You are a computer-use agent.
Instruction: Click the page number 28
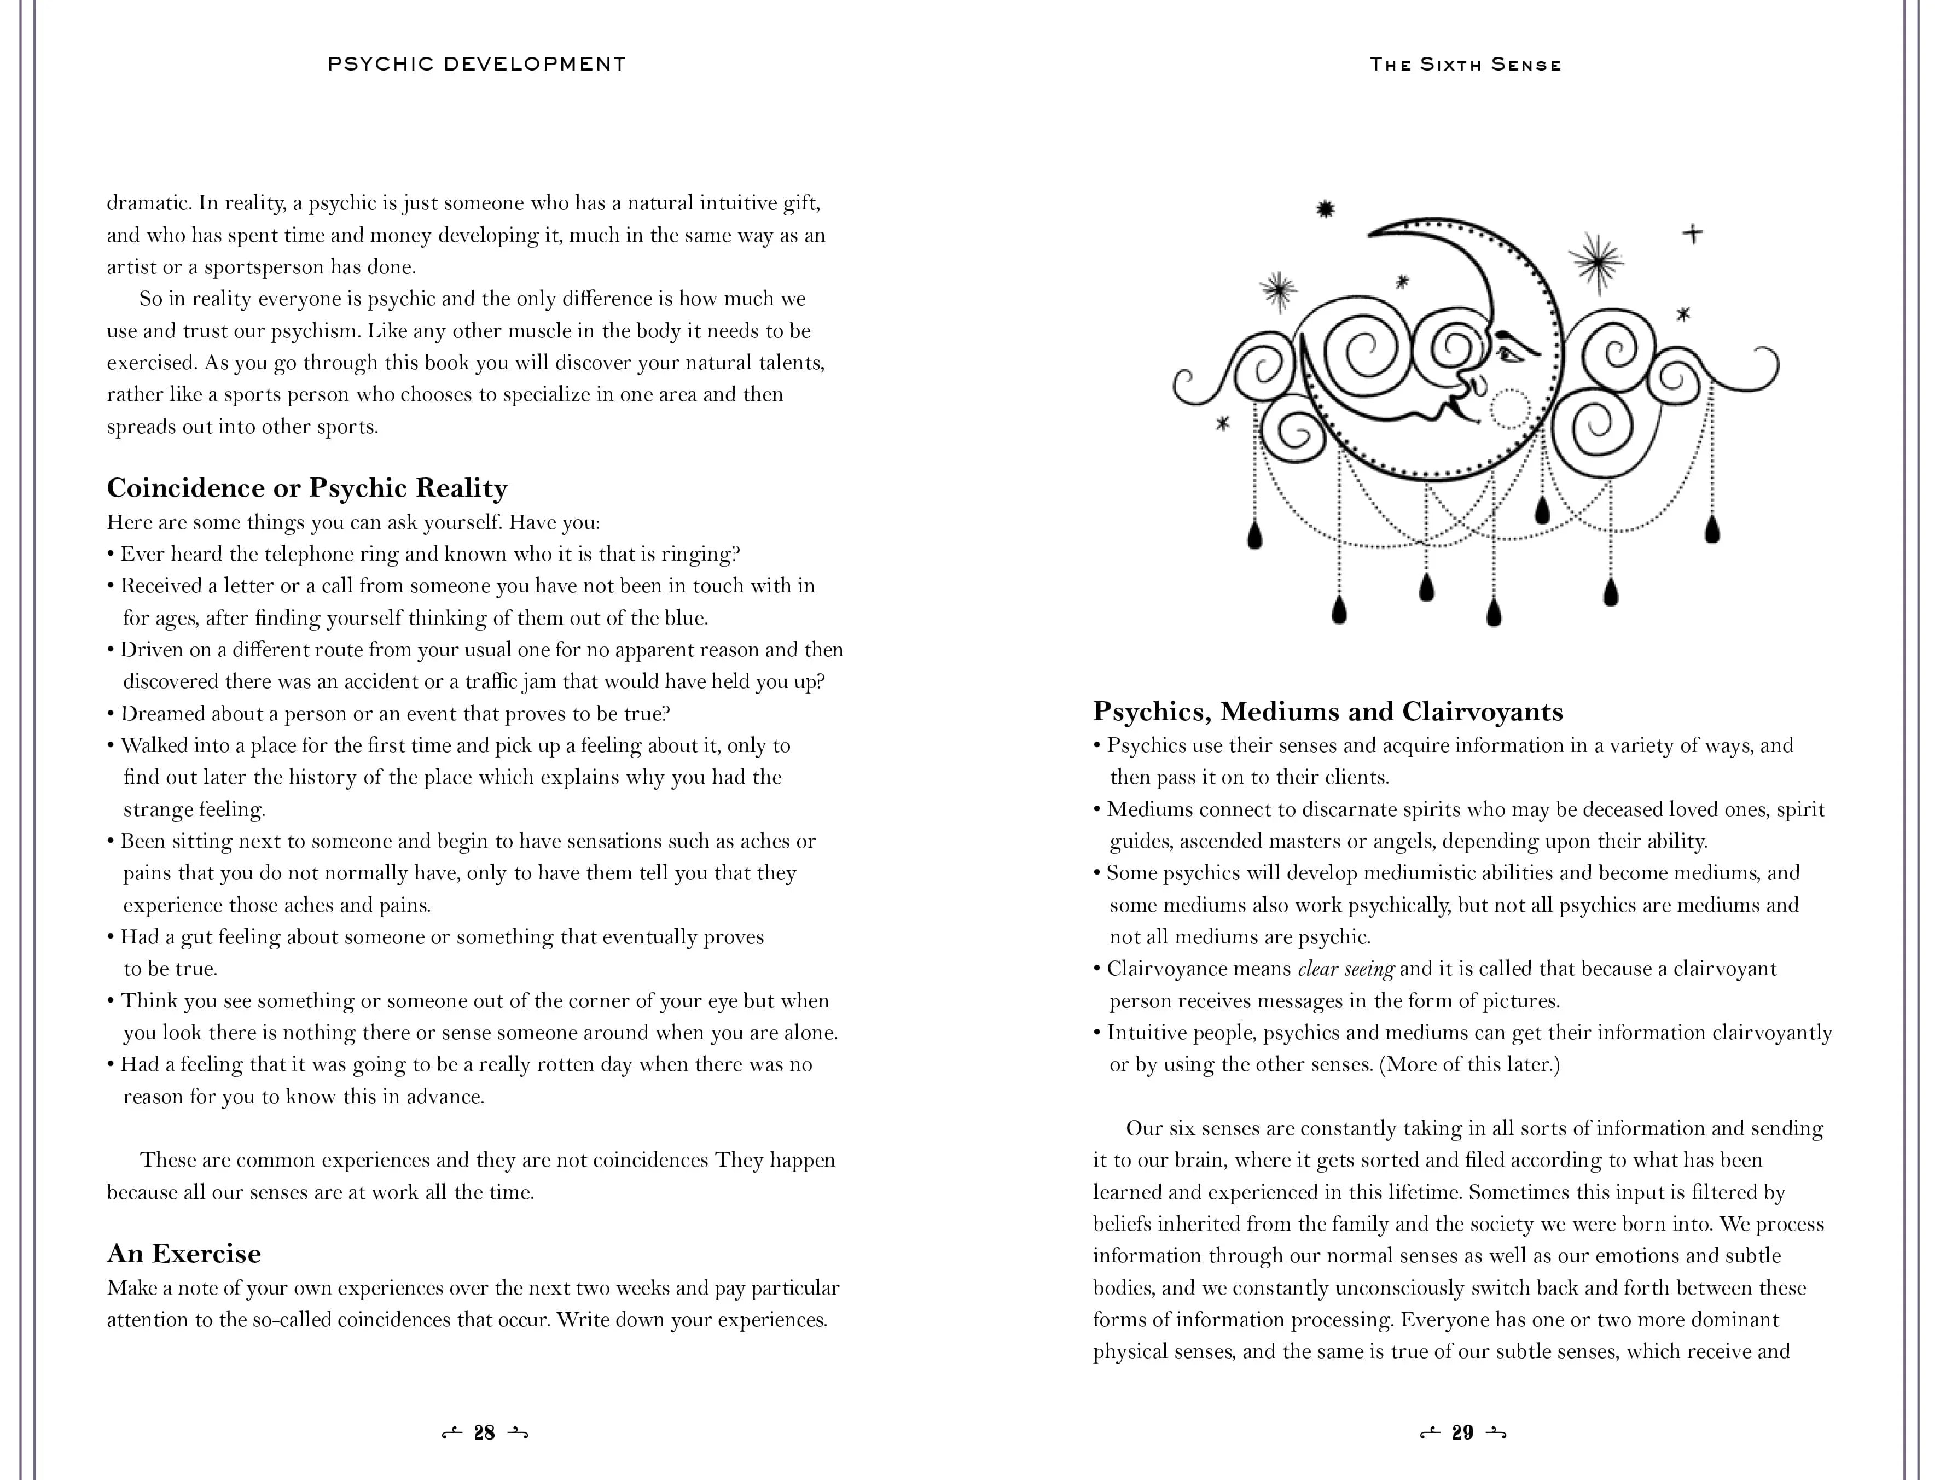click(484, 1434)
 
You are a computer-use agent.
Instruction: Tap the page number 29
click(1462, 1434)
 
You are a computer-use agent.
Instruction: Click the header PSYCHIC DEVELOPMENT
click(477, 65)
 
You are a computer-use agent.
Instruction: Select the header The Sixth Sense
click(1465, 65)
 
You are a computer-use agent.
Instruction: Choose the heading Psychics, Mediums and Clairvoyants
click(1328, 712)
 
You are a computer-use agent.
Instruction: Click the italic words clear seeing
click(1345, 969)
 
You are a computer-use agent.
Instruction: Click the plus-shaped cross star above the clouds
click(1692, 234)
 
